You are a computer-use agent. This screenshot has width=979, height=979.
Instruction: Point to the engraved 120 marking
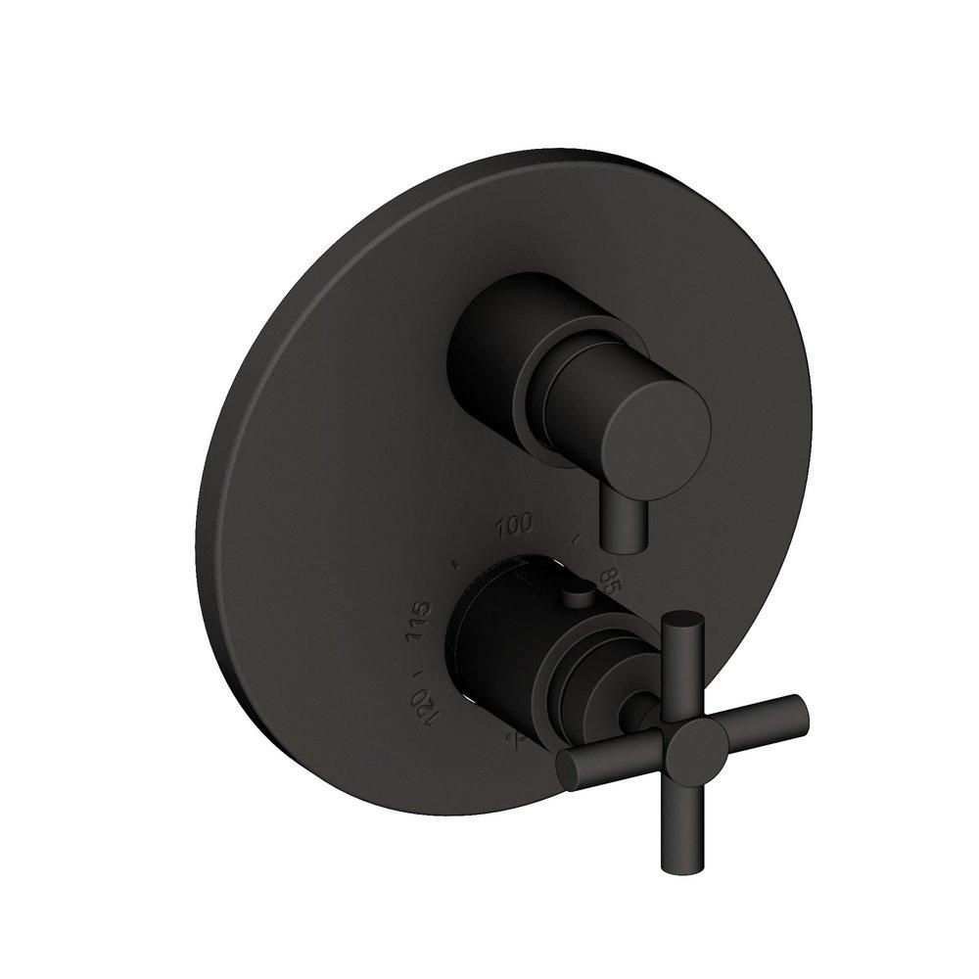[x=422, y=703]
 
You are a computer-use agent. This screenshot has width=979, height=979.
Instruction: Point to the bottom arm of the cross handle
[x=708, y=832]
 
